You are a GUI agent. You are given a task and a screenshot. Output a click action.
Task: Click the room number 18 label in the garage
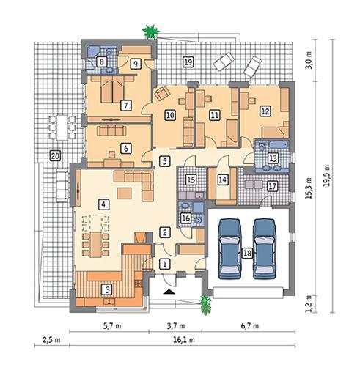click(x=247, y=253)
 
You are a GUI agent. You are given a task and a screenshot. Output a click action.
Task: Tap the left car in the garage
click(x=229, y=248)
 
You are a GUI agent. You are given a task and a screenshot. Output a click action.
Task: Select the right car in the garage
click(x=265, y=248)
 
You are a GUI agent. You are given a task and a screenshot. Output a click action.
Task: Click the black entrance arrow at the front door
click(x=169, y=292)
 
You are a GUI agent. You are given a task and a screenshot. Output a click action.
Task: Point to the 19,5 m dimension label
click(x=326, y=175)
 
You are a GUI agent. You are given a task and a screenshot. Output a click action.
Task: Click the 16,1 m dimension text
click(x=184, y=340)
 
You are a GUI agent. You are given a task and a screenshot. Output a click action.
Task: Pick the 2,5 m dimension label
click(x=51, y=340)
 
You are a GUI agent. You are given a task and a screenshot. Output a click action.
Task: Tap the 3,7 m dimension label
click(x=176, y=326)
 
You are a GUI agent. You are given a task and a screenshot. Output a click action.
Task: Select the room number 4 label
click(x=103, y=204)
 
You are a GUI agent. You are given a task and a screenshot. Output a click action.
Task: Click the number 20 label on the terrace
click(x=55, y=155)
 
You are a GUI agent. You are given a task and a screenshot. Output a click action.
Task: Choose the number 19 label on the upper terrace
click(x=188, y=62)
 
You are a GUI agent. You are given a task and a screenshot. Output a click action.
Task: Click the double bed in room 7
click(x=112, y=89)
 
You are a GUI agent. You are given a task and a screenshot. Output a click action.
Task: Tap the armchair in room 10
click(x=162, y=94)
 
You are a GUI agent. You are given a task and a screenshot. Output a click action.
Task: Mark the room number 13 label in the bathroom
click(x=273, y=158)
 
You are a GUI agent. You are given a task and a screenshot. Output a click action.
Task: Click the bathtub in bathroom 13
click(x=279, y=144)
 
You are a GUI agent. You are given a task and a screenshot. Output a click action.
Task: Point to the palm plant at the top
click(x=151, y=32)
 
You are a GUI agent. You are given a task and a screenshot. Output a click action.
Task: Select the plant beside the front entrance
click(x=205, y=305)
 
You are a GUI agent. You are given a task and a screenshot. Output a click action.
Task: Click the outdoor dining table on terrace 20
click(x=62, y=127)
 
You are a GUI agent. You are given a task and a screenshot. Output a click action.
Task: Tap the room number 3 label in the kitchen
click(x=107, y=289)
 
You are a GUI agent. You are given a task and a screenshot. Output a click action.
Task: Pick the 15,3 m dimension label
click(x=309, y=188)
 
